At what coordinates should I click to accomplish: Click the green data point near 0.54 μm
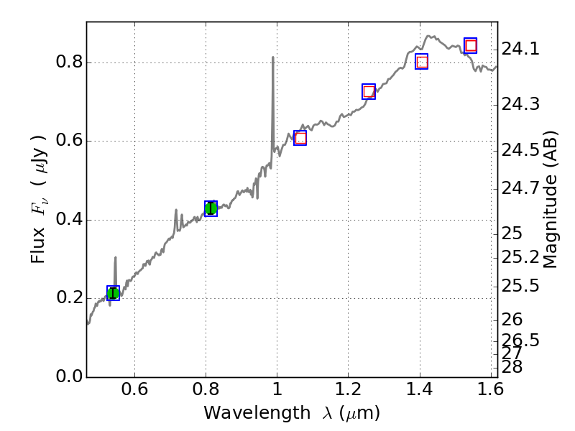click(x=113, y=292)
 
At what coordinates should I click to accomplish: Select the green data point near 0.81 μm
click(x=211, y=208)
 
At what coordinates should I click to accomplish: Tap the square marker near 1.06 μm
click(x=300, y=138)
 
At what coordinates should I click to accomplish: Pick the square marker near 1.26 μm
click(x=369, y=91)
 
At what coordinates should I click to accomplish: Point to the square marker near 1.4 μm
click(x=421, y=62)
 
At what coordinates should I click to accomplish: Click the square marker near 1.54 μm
click(x=471, y=46)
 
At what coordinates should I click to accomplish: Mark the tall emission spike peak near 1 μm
click(x=273, y=57)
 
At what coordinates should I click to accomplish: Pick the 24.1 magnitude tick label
click(x=520, y=50)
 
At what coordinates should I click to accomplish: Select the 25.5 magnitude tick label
click(x=520, y=286)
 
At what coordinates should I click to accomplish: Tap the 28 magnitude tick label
click(x=512, y=367)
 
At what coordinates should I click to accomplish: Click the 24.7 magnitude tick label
click(x=520, y=188)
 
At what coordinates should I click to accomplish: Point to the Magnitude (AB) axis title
click(x=551, y=199)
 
